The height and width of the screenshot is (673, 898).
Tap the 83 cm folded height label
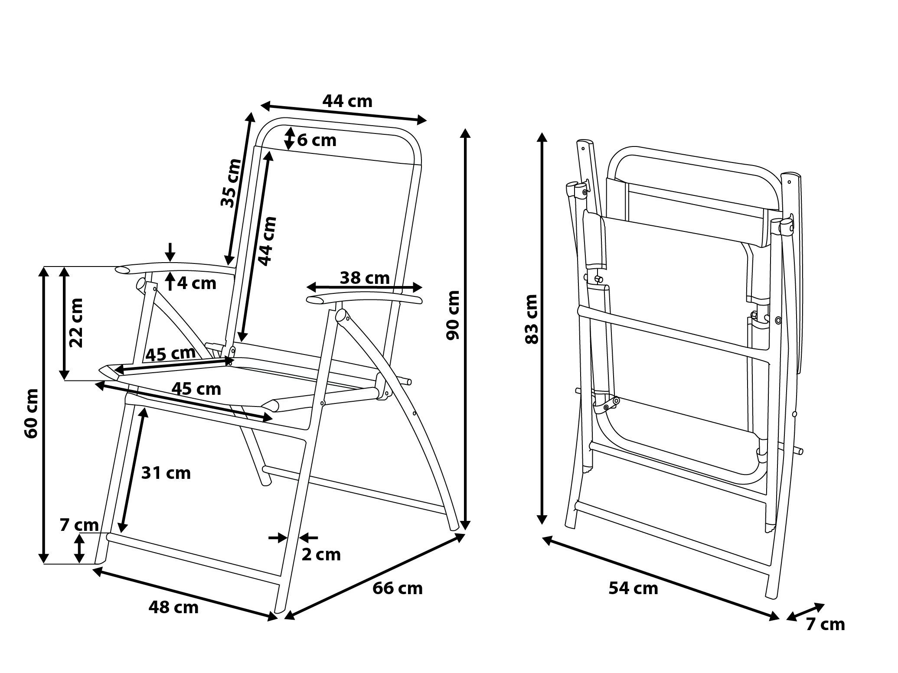[532, 319]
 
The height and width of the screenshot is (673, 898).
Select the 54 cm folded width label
[633, 588]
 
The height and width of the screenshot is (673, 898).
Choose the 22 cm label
[76, 322]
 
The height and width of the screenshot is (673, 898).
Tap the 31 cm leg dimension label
[166, 473]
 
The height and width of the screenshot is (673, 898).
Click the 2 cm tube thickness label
[321, 554]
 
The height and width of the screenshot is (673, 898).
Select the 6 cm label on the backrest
[317, 140]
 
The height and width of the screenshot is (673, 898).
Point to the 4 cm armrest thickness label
[197, 283]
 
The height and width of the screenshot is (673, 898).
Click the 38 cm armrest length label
[365, 278]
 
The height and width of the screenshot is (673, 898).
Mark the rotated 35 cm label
[230, 183]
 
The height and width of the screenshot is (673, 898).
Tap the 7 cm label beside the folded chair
[825, 624]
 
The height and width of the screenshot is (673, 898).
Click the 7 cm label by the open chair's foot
[79, 525]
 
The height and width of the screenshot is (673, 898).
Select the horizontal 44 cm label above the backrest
[347, 101]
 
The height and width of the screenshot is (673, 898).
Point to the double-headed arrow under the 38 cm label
[364, 287]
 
